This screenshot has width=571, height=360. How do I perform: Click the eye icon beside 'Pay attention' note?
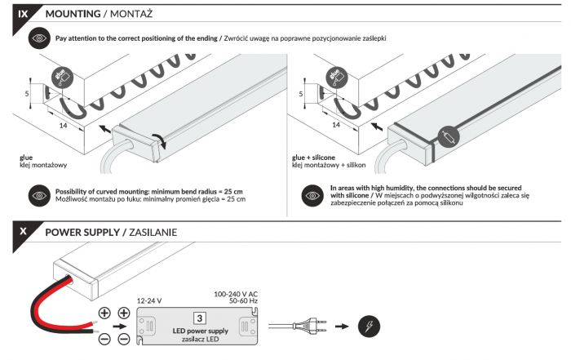[x=38, y=38]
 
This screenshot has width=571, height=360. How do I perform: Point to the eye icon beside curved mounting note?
[x=38, y=195]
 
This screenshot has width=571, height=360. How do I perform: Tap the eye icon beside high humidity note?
[x=312, y=195]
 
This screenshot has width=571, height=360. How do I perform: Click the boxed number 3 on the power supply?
[x=198, y=318]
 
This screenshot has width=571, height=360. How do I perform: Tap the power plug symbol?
[x=310, y=326]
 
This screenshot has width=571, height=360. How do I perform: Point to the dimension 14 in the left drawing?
[x=62, y=125]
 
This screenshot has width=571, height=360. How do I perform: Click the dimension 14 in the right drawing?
[x=335, y=125]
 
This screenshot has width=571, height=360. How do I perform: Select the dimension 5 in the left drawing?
[x=27, y=94]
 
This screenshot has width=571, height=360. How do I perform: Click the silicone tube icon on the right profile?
[x=448, y=136]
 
